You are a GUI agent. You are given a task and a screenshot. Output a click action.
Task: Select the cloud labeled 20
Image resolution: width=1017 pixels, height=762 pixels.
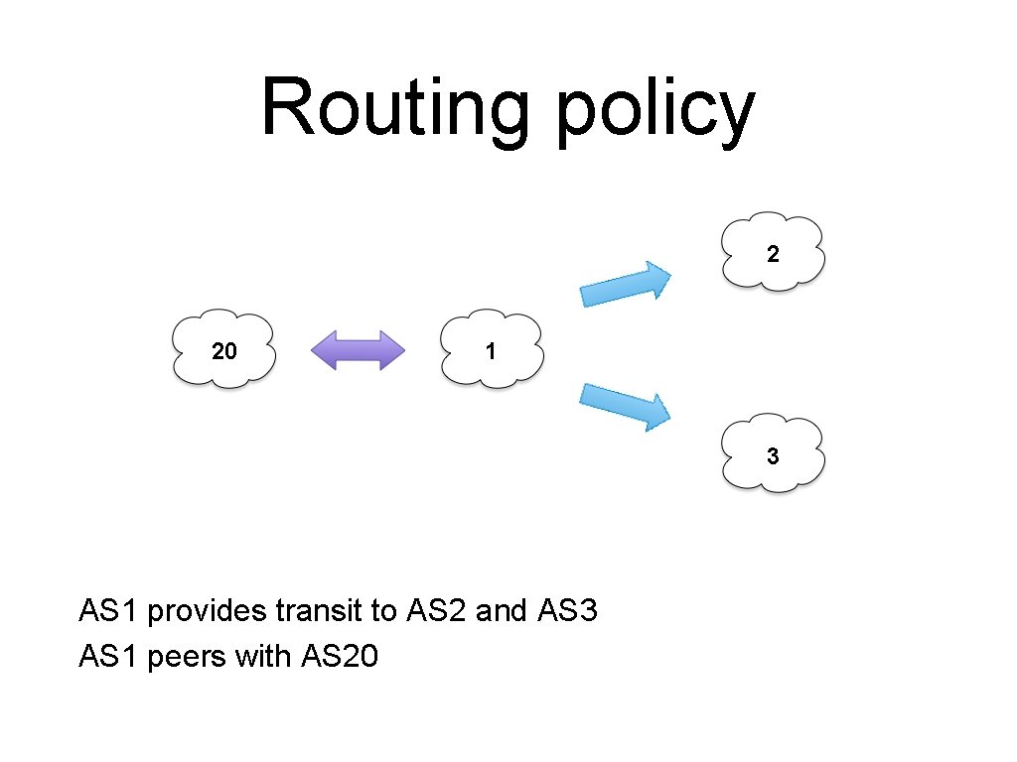click(x=223, y=349)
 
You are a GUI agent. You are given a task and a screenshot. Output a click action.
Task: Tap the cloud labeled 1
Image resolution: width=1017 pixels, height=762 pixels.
click(x=491, y=349)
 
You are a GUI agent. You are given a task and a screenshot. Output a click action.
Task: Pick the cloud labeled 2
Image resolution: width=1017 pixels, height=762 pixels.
click(x=773, y=252)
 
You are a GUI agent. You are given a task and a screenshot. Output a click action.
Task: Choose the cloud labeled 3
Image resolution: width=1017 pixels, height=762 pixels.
click(x=773, y=454)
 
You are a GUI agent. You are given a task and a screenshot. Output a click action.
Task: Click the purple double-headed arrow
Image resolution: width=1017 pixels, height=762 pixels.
click(x=359, y=350)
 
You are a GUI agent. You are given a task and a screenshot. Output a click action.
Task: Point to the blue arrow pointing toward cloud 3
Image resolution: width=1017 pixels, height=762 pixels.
click(x=627, y=405)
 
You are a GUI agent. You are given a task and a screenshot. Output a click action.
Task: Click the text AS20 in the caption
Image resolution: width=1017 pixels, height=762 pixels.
click(x=338, y=656)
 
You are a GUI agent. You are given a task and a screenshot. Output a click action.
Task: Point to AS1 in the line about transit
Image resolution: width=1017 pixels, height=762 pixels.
click(x=107, y=610)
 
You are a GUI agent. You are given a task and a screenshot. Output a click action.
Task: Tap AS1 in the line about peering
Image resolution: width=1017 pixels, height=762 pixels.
click(x=107, y=656)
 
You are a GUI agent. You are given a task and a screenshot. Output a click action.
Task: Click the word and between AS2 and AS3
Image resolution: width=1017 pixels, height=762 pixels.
click(x=502, y=610)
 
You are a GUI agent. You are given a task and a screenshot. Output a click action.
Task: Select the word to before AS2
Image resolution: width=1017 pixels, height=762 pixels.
click(x=383, y=610)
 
